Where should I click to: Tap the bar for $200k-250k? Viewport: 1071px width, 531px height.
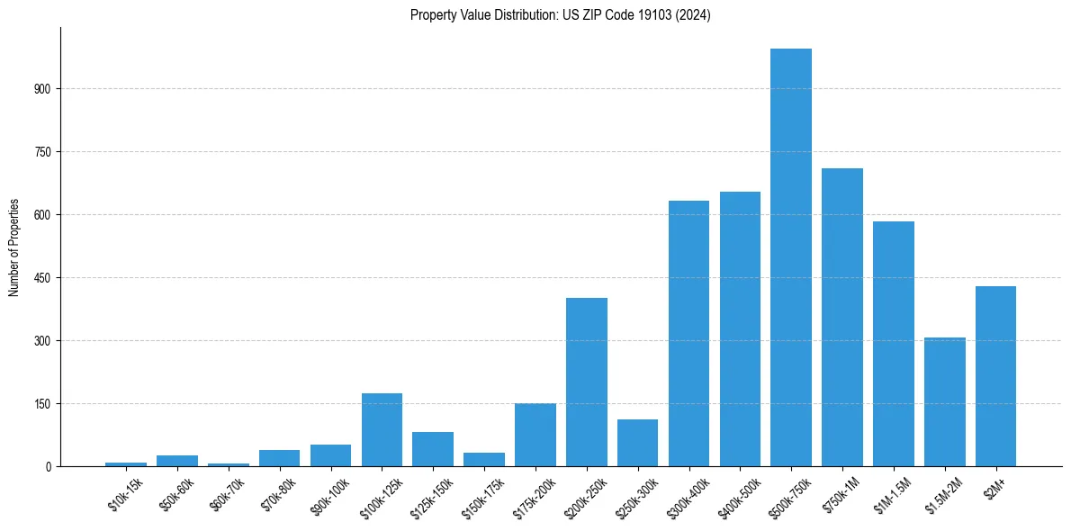click(x=587, y=382)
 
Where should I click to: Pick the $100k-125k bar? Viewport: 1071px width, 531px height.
click(x=382, y=429)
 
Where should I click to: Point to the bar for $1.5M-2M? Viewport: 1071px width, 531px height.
click(x=944, y=401)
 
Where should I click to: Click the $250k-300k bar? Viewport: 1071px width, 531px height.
click(x=637, y=443)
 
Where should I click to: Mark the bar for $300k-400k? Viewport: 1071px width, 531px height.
click(x=688, y=333)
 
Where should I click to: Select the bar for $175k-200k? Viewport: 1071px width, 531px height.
click(x=535, y=435)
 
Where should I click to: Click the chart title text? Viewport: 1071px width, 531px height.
click(x=560, y=15)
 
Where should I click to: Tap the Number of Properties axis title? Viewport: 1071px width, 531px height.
click(x=14, y=247)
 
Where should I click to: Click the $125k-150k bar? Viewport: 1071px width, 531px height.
click(x=433, y=449)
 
